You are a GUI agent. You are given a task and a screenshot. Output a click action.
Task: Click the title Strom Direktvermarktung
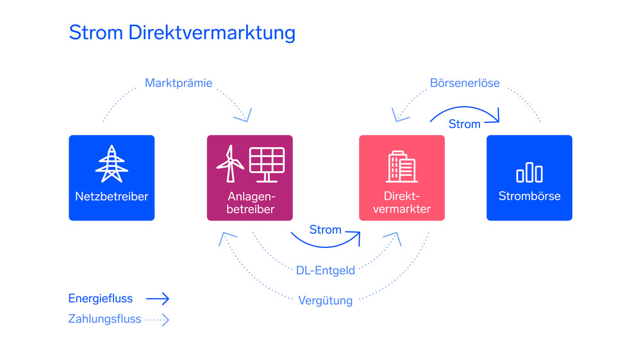coord(182,33)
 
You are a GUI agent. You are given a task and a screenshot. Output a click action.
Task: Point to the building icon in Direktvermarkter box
coord(401,167)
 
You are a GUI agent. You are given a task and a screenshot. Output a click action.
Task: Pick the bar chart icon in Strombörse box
coord(529,172)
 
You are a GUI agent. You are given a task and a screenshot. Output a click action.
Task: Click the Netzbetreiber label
coord(112,196)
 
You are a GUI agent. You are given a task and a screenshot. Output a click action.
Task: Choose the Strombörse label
coord(529,196)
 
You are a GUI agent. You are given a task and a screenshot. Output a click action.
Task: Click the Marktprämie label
coord(178,83)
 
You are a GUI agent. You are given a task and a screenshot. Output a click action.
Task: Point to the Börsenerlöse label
coord(465,83)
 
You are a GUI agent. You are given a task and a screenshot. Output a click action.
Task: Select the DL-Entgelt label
coord(326,270)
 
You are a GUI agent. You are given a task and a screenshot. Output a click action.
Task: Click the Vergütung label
coord(325,300)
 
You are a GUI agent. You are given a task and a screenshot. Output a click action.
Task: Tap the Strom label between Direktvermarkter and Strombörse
coord(465,124)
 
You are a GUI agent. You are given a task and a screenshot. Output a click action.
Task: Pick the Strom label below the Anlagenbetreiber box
coord(325,229)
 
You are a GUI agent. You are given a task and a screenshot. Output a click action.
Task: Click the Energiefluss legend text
coord(101,298)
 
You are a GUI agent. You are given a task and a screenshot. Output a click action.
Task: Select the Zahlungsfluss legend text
coord(104,318)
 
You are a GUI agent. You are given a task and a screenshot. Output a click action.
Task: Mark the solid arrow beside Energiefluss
coord(157,299)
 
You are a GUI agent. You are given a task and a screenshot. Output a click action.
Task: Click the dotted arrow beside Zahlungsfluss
coord(158,318)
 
